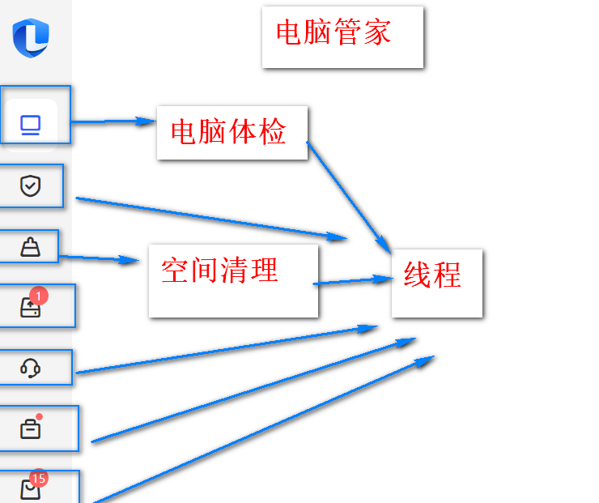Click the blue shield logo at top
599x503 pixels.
[31, 36]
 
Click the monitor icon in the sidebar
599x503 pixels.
[30, 126]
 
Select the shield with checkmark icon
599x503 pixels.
[30, 187]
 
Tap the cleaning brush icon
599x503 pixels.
[30, 246]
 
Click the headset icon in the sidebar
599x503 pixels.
[30, 369]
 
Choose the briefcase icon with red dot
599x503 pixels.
[30, 428]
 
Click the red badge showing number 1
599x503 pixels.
[39, 296]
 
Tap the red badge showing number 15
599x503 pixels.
[39, 478]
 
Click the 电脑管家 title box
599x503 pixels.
[342, 36]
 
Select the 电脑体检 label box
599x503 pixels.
[232, 132]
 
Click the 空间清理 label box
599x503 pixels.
[233, 280]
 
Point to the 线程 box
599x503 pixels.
[437, 283]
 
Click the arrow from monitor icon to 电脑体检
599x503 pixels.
[113, 121]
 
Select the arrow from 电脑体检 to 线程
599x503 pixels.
[348, 194]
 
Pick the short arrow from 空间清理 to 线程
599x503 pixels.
[352, 281]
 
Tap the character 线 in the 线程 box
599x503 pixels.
[418, 276]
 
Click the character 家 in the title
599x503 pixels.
[377, 32]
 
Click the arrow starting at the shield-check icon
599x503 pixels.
[210, 217]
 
